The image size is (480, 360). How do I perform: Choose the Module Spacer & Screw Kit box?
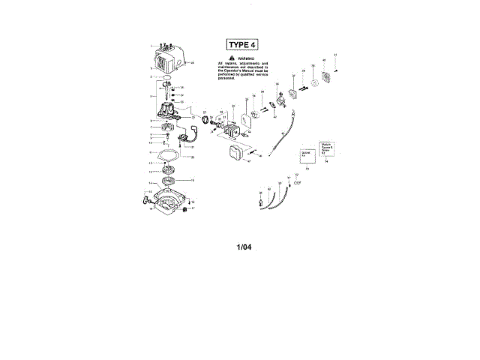[327, 148]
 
